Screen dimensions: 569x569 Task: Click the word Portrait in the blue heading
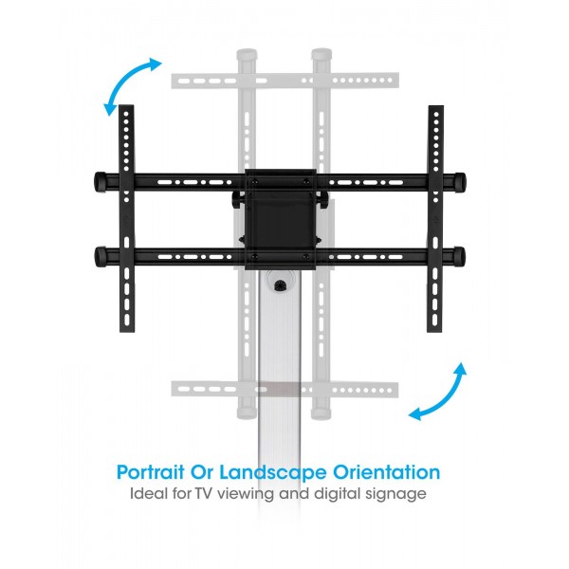150,472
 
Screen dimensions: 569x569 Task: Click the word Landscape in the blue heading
273,472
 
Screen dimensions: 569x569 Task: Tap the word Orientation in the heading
387,472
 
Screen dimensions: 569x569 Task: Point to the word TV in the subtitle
204,494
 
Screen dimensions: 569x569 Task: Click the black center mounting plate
281,220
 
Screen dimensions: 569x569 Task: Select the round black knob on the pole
280,285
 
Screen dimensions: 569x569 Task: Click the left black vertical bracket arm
127,218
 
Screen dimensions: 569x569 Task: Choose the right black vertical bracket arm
435,218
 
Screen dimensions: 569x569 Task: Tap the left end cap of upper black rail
101,181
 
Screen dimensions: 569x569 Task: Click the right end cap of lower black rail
459,257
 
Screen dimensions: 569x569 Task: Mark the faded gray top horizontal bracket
285,81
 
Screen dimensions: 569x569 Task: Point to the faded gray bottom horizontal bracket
285,390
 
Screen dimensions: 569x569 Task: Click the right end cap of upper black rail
459,181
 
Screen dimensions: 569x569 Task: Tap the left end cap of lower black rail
101,257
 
